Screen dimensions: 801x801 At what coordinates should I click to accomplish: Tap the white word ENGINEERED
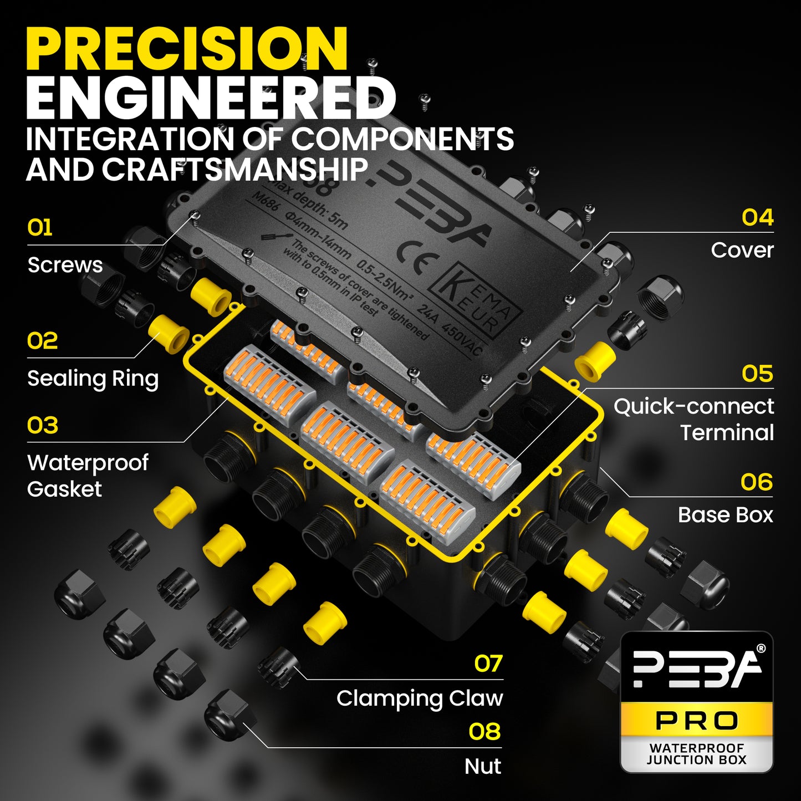211,98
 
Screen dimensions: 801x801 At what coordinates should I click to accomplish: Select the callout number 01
40,228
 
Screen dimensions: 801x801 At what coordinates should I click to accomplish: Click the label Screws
65,265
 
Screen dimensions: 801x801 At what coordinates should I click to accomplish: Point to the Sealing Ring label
93,379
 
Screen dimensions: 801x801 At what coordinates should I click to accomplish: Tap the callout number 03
43,426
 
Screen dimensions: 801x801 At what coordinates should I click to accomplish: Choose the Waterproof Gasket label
88,476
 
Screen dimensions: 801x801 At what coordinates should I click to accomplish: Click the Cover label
742,250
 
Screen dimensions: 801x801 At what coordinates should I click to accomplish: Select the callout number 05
757,374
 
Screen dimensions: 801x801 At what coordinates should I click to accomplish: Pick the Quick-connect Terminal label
694,419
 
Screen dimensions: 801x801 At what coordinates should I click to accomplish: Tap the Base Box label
725,515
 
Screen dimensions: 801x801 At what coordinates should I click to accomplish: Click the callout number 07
488,664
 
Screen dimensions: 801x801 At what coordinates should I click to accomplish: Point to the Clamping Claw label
420,698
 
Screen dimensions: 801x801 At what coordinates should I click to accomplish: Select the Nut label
483,767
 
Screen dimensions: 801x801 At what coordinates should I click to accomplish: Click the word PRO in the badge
697,721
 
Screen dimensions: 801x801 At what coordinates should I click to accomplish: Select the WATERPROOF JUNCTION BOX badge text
697,754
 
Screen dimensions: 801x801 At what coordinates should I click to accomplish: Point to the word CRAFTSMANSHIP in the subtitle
235,170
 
